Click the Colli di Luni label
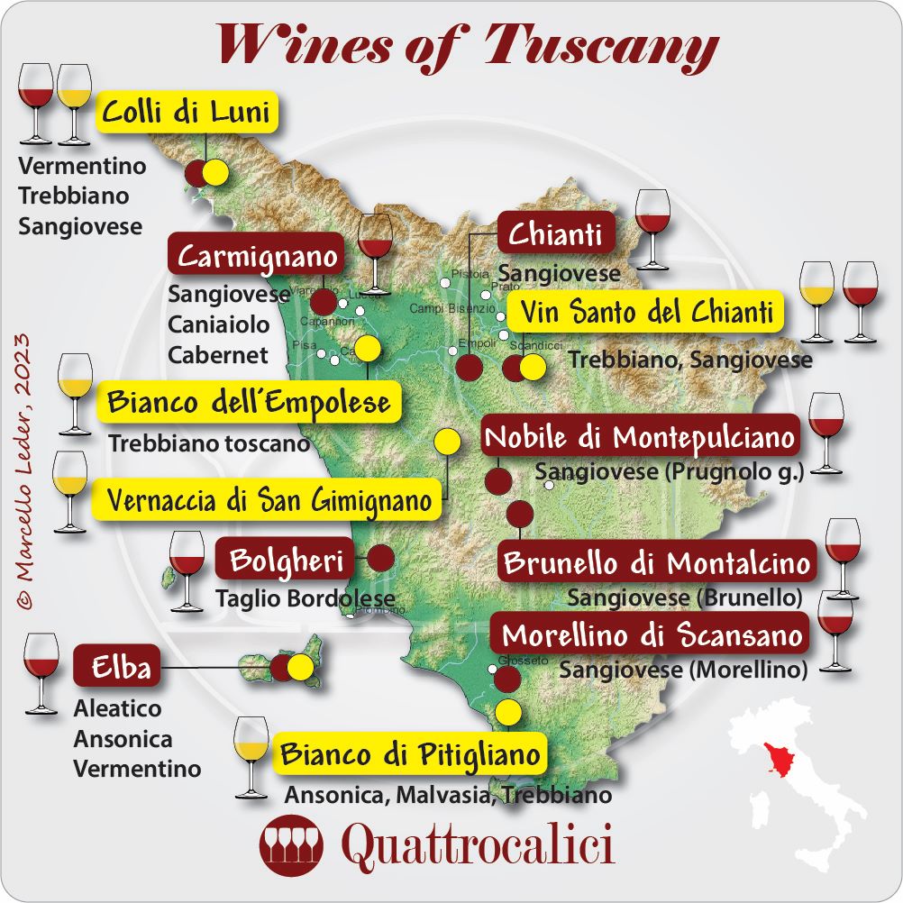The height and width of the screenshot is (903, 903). [187, 114]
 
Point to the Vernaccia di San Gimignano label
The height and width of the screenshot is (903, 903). [269, 499]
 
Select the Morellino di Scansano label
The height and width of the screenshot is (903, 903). [652, 635]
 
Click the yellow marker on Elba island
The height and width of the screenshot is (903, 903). [300, 667]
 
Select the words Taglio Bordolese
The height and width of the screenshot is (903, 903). [306, 598]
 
